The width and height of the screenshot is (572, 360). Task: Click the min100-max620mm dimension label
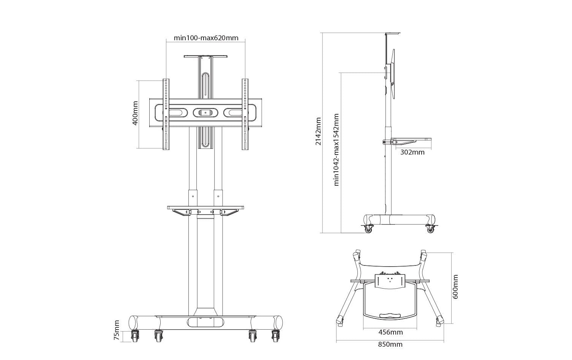pyautogui.click(x=206, y=38)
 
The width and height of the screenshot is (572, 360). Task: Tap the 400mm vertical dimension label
pyautogui.click(x=135, y=113)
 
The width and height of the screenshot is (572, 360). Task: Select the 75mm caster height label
pyautogui.click(x=117, y=330)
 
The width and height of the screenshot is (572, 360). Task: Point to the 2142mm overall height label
pyautogui.click(x=318, y=131)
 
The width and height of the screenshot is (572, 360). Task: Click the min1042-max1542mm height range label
pyautogui.click(x=336, y=150)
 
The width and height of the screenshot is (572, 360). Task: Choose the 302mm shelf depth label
pyautogui.click(x=412, y=152)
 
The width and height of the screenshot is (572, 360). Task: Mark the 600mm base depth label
pyautogui.click(x=456, y=287)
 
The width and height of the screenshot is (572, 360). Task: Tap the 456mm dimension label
pyautogui.click(x=390, y=332)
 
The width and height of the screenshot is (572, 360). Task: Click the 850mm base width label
pyautogui.click(x=390, y=344)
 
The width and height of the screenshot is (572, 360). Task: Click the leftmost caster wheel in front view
pyautogui.click(x=135, y=336)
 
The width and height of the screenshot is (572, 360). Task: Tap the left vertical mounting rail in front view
pyautogui.click(x=166, y=114)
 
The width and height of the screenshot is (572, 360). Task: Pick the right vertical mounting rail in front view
pyautogui.click(x=245, y=114)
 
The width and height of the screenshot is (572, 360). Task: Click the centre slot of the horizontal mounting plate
pyautogui.click(x=205, y=112)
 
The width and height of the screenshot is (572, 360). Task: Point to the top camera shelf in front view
pyautogui.click(x=205, y=57)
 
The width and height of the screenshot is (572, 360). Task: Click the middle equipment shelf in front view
pyautogui.click(x=205, y=208)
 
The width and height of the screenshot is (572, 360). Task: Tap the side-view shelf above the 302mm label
pyautogui.click(x=411, y=139)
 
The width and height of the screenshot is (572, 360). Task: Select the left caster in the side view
pyautogui.click(x=368, y=229)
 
